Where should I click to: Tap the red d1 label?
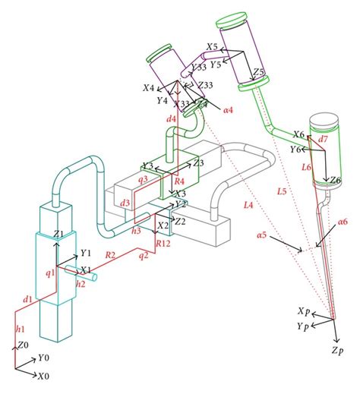click(27, 300)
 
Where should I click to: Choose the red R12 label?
click(163, 244)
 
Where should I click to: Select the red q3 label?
click(142, 179)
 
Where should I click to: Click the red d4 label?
click(171, 119)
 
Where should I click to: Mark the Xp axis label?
click(304, 312)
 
